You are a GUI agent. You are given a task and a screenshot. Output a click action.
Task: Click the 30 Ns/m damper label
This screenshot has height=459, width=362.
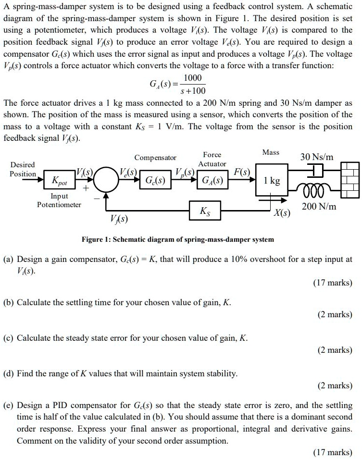pos(317,157)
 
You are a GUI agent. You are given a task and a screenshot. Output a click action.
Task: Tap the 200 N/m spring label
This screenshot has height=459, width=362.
pos(319,207)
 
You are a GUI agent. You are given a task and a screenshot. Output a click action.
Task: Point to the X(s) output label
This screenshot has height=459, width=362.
pos(281,213)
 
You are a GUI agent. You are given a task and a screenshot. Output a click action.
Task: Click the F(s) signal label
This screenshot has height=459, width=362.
pos(240,172)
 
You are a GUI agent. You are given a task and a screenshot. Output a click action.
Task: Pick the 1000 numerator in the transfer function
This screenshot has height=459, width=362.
pos(192,78)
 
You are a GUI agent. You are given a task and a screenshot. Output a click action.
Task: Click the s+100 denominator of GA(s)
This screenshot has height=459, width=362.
pos(192,91)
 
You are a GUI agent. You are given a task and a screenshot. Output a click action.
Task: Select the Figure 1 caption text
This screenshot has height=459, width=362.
pos(178,239)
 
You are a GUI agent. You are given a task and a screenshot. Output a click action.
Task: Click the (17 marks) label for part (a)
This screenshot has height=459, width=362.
pos(333,283)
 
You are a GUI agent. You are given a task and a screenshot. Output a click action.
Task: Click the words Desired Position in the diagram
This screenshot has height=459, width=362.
pos(23,169)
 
